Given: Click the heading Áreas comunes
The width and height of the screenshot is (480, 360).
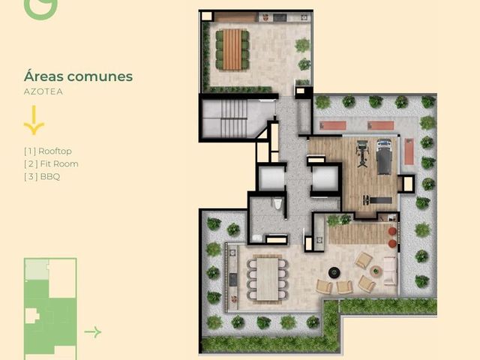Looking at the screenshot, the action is [x=78, y=76].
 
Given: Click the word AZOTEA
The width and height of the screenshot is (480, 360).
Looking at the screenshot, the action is [x=43, y=91].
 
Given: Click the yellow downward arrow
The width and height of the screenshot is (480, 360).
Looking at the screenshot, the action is [x=34, y=120].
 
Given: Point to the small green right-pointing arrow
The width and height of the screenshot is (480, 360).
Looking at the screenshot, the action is [x=93, y=331].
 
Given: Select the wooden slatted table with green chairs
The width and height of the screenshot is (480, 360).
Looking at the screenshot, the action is [x=232, y=50].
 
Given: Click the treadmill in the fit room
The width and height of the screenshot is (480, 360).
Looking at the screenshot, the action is [x=384, y=157].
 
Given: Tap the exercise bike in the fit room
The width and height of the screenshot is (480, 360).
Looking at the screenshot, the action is [x=363, y=153].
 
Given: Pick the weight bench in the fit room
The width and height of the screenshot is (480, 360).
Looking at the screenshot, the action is [x=377, y=200].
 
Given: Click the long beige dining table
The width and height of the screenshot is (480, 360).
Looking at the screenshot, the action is [x=268, y=279].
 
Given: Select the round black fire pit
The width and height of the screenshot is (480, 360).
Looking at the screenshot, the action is [x=334, y=272].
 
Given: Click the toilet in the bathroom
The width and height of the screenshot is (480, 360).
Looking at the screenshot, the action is [x=277, y=203].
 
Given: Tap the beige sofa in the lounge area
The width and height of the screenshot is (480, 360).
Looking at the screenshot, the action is [x=390, y=271].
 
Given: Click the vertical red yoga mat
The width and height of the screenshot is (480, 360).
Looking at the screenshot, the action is [x=409, y=151].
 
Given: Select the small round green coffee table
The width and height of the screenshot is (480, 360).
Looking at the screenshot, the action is [x=375, y=271].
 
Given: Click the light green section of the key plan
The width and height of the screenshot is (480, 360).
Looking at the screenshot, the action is [x=37, y=269].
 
